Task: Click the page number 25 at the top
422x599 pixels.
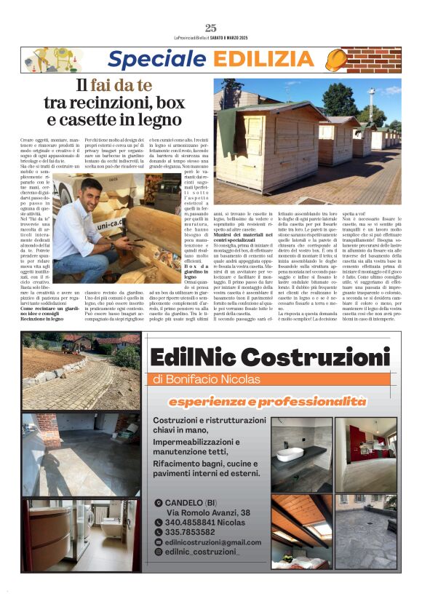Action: click(x=211, y=28)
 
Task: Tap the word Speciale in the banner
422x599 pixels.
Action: click(x=149, y=60)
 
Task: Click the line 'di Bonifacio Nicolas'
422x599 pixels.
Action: click(x=206, y=379)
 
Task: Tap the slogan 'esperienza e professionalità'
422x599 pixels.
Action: click(x=267, y=401)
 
